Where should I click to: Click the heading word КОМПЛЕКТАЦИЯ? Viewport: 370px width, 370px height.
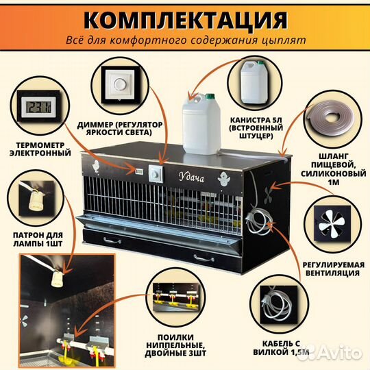186,20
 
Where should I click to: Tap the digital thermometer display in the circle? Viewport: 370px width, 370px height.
38,106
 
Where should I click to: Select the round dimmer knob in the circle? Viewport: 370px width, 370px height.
120,84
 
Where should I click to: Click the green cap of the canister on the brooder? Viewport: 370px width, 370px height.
210,96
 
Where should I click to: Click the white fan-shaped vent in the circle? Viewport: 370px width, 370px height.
331,223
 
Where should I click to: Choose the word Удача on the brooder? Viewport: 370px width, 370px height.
191,177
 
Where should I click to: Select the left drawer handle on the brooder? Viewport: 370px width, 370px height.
112,241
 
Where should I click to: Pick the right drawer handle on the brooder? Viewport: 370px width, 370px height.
204,258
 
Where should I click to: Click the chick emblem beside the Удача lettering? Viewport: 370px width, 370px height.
223,179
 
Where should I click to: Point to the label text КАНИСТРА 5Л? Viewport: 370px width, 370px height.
256,120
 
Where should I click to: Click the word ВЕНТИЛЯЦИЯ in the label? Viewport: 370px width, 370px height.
333,273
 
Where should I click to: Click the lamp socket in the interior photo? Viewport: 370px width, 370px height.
58,279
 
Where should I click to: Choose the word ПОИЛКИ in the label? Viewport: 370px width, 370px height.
175,337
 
